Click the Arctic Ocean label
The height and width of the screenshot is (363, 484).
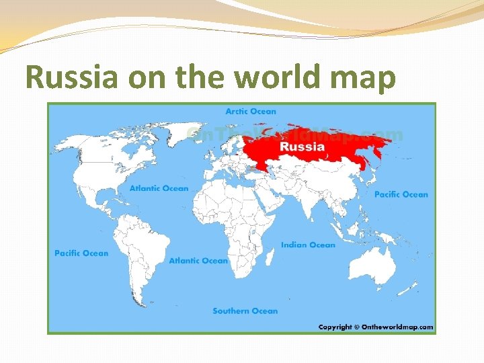pos(250,112)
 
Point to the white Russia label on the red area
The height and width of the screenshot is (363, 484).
pos(302,147)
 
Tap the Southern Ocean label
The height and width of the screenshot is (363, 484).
pos(245,311)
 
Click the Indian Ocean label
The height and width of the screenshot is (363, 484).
pos(307,245)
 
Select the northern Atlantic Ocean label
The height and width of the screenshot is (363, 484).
pos(159,188)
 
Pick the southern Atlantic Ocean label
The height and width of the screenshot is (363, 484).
pos(198,260)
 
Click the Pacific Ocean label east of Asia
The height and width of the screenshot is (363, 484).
pos(401,194)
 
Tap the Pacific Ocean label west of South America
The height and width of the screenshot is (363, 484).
pos(81,253)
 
